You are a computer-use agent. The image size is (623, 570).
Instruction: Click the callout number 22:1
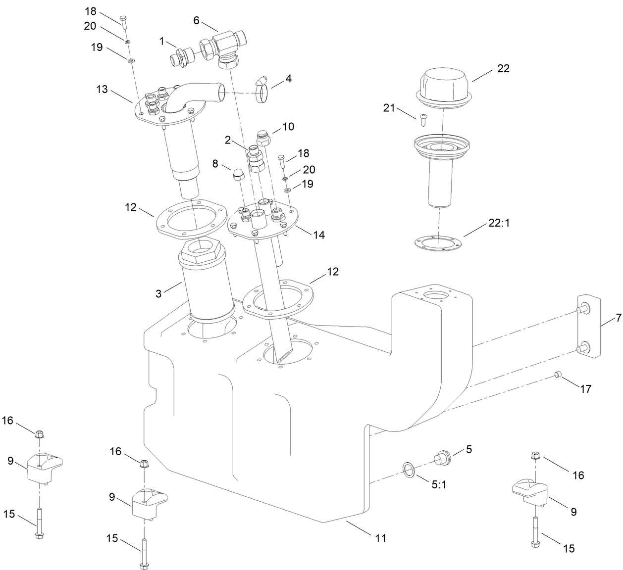point(499,223)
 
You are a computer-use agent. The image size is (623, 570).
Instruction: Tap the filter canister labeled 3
point(206,280)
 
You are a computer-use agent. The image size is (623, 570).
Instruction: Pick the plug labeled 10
point(264,137)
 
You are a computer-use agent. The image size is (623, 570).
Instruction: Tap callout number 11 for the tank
point(380,537)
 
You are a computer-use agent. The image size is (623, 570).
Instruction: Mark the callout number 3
point(158,293)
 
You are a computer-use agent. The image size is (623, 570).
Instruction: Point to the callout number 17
point(585,389)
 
